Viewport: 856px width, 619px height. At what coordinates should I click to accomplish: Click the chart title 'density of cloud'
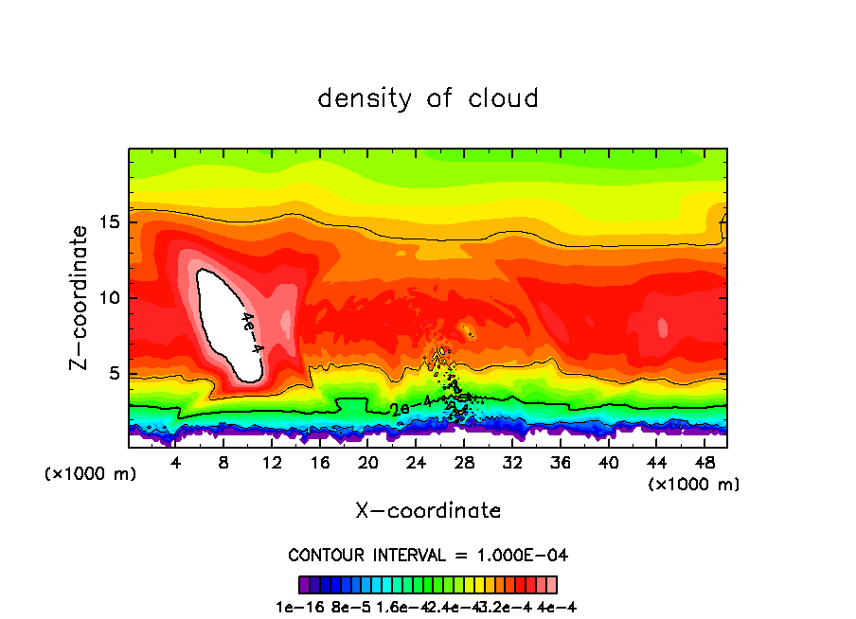click(428, 98)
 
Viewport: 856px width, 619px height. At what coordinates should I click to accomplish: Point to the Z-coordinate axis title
click(80, 297)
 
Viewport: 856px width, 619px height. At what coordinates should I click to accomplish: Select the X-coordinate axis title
click(428, 510)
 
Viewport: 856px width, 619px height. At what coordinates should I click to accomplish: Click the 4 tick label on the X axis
click(175, 463)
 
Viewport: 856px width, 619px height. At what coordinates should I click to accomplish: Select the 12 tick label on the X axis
click(272, 463)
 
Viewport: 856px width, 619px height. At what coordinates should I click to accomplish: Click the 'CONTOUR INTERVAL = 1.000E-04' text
click(428, 555)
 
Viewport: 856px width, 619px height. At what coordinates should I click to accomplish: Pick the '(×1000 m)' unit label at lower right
click(693, 484)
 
